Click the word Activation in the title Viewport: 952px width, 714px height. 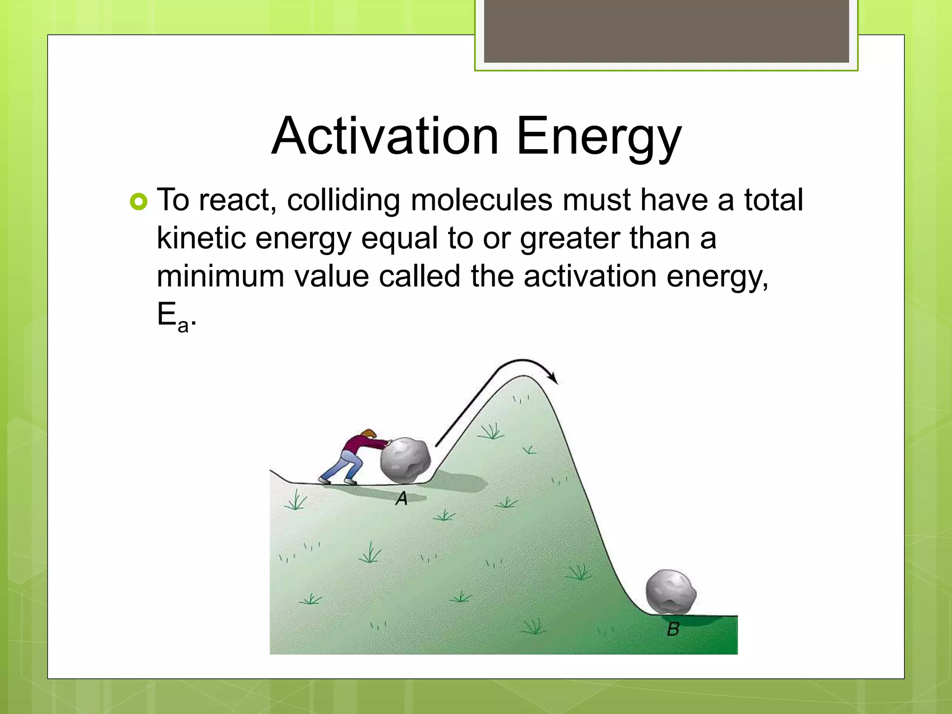coord(385,136)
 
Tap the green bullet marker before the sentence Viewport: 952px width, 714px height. coord(139,202)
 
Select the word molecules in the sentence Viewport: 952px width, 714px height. coord(482,200)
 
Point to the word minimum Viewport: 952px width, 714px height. coord(220,276)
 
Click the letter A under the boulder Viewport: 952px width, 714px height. coord(401,499)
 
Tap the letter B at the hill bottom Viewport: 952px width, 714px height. coord(673,629)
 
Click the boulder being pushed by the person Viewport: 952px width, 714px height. coord(405,460)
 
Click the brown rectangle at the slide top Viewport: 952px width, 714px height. coord(666,31)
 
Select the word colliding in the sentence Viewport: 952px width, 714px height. coord(343,200)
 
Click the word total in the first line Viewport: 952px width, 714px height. coord(773,200)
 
